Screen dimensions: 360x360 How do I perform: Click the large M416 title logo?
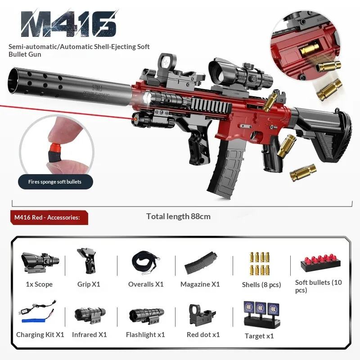68,24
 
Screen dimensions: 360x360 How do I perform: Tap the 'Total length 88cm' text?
178,216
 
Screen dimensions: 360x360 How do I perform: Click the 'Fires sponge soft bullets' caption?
55,182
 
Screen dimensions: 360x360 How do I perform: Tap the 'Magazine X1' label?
200,284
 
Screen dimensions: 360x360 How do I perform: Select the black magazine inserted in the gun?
223,169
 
